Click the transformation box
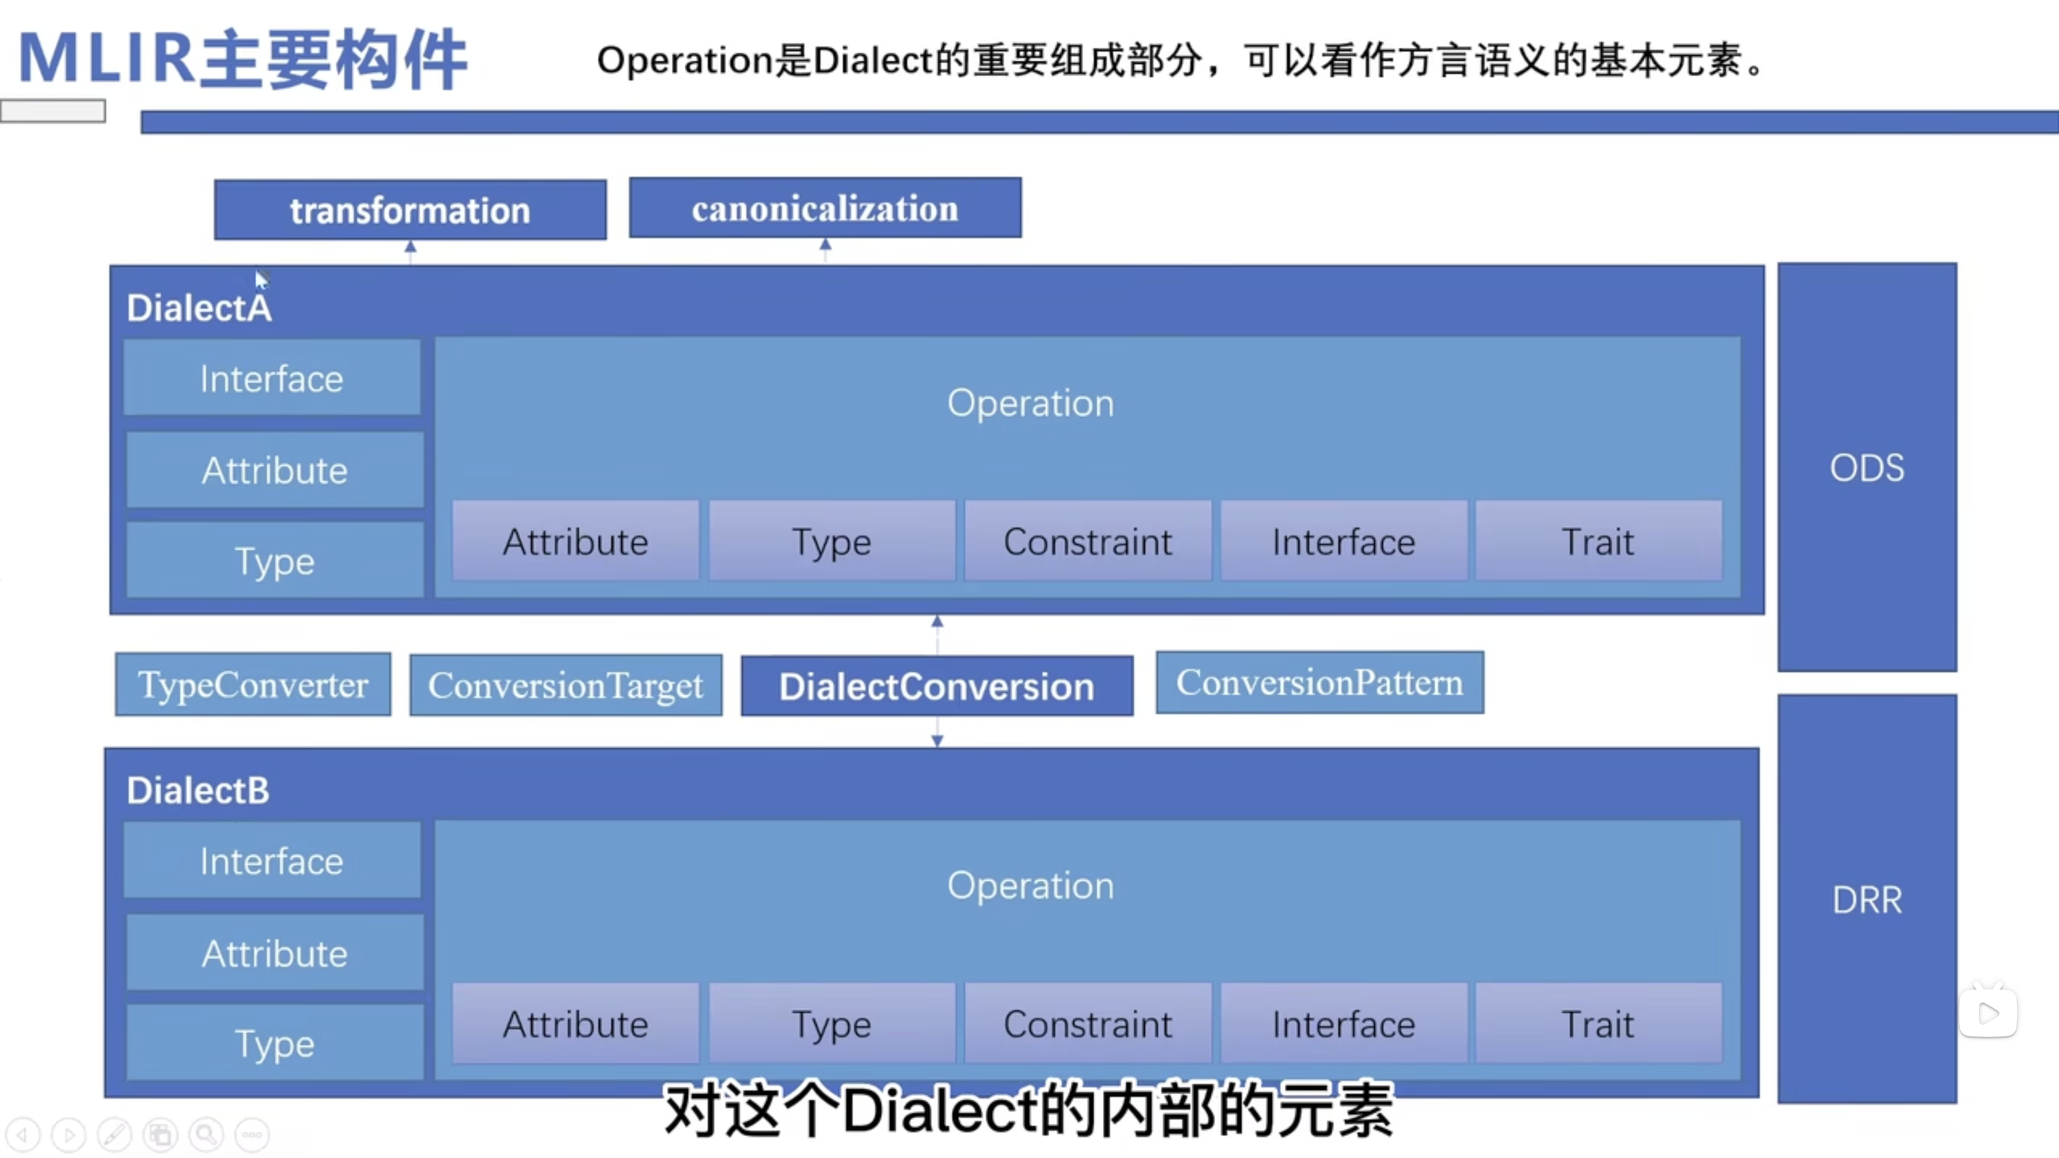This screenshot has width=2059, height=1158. point(410,210)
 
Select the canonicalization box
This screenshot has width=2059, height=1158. point(825,208)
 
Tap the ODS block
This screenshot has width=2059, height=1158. point(1867,467)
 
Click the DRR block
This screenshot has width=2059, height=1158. point(1867,900)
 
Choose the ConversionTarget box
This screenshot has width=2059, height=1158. point(566,685)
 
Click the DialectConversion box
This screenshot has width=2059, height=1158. point(937,686)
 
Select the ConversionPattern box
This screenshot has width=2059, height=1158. point(1320,682)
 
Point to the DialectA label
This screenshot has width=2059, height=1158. point(199,308)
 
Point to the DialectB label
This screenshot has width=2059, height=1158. point(198,790)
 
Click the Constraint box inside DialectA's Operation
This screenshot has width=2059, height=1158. point(1088,542)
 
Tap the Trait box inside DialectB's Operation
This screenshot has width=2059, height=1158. point(1598,1025)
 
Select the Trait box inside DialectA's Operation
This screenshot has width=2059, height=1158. point(1598,542)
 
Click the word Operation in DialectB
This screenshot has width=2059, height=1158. point(1030,886)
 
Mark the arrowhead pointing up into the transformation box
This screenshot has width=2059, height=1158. point(410,248)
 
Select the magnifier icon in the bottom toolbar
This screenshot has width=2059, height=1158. point(206,1134)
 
